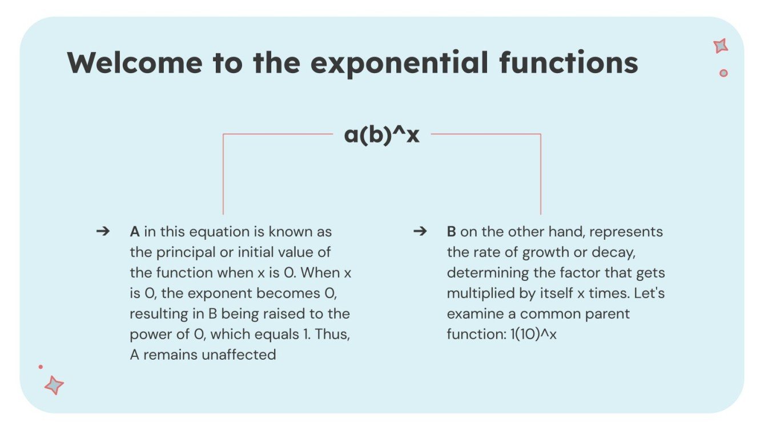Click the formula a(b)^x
point(381,135)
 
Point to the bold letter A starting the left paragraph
point(135,232)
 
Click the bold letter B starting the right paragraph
point(451,232)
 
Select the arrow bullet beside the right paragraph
point(420,232)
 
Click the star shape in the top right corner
point(721,46)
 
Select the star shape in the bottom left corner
point(54,385)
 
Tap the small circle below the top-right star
point(723,73)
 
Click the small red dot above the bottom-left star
point(41,367)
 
